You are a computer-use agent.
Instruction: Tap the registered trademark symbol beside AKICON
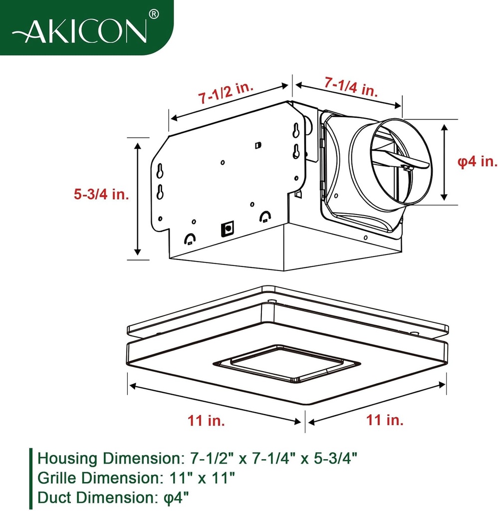(154, 14)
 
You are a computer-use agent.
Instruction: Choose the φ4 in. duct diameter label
(478, 162)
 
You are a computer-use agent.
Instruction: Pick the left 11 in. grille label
(206, 420)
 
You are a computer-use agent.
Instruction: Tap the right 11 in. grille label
(384, 420)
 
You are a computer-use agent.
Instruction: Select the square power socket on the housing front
(228, 229)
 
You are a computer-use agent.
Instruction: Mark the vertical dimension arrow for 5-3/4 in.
(138, 198)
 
